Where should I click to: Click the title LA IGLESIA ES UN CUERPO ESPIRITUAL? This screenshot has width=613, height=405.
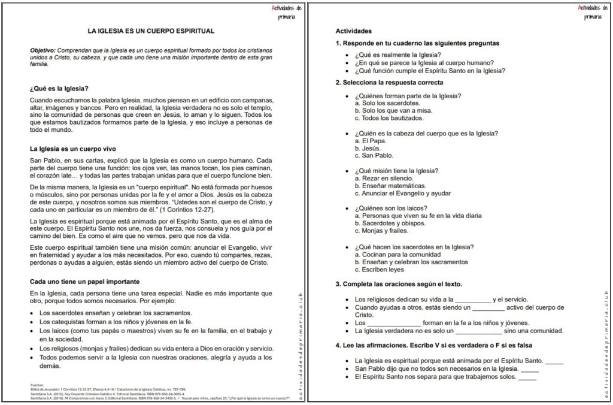click(151, 31)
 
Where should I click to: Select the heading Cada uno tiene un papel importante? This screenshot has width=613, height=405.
click(84, 281)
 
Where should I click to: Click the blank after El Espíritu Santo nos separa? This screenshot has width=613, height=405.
click(527, 377)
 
